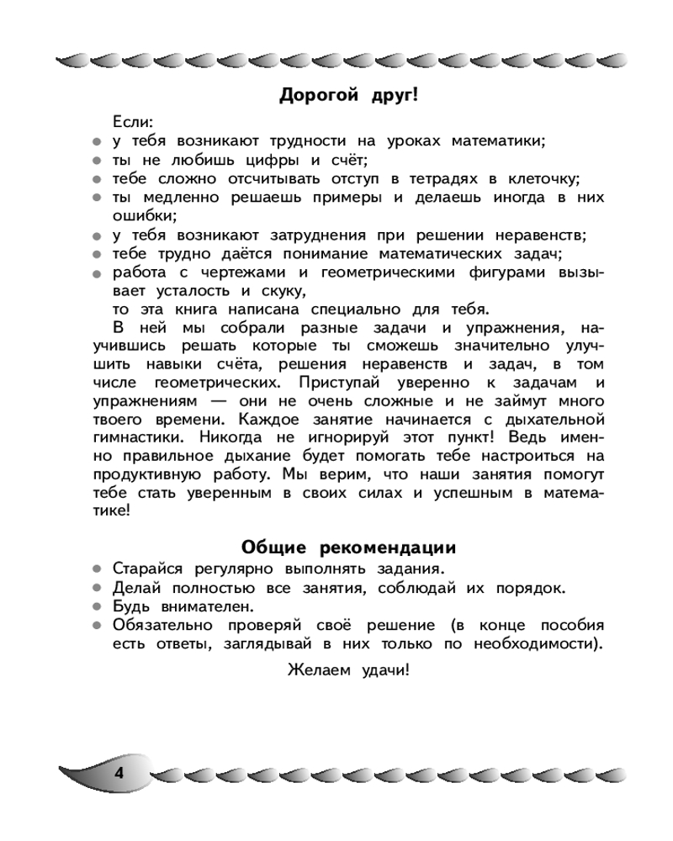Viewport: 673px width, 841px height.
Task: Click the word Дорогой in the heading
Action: [317, 95]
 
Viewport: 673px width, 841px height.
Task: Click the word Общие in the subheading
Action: [274, 548]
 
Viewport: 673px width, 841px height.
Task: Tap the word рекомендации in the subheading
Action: [388, 548]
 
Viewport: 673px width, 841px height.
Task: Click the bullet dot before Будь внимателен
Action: [98, 606]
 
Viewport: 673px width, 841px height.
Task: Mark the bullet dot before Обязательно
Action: [98, 626]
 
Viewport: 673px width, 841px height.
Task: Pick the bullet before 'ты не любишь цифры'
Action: [98, 161]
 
